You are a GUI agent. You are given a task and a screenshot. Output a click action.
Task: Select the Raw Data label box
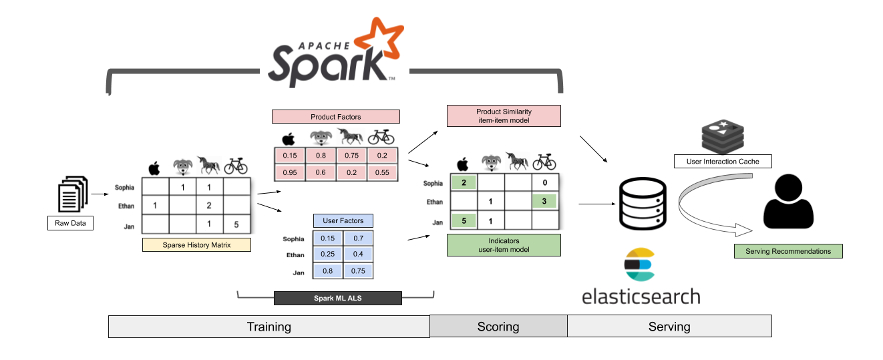coord(70,224)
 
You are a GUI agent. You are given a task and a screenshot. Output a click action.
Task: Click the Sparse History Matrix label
coord(196,245)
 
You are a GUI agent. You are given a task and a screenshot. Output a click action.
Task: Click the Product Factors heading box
coord(335,117)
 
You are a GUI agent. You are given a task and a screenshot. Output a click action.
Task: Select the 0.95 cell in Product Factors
coord(290,172)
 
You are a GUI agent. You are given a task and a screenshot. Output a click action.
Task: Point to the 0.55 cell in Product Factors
coord(382,172)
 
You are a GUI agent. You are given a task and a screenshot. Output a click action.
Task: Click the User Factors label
coord(343,220)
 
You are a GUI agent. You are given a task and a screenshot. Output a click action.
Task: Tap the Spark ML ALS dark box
coord(337,298)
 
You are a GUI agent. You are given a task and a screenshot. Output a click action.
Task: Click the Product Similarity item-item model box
coord(503,116)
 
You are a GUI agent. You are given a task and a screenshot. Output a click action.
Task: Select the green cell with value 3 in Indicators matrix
coord(544,201)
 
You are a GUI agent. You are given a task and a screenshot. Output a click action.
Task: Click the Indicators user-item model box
coord(503,245)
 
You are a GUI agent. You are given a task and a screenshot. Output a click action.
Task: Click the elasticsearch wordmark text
coord(641,295)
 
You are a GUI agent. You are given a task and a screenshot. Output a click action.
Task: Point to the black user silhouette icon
coord(788,202)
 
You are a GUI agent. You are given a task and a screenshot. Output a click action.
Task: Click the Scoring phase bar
coord(498,327)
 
